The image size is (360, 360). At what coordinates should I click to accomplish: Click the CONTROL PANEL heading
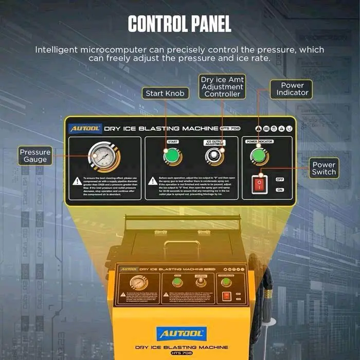(x=179, y=24)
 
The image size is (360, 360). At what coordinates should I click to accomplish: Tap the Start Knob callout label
(x=165, y=93)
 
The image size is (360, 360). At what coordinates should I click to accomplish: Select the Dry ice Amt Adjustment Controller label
(x=222, y=86)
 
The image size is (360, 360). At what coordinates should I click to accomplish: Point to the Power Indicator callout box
(x=292, y=89)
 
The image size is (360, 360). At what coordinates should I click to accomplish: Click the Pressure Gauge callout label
(x=35, y=156)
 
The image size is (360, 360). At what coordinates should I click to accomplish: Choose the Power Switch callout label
(x=323, y=169)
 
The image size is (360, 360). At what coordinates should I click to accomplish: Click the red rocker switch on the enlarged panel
(x=260, y=184)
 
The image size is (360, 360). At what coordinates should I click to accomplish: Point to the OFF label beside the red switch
(x=280, y=179)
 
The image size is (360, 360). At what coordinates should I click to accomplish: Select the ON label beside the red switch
(x=280, y=190)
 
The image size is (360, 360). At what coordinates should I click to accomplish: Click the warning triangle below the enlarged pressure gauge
(x=77, y=181)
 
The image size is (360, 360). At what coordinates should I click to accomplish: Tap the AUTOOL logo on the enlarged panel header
(x=85, y=129)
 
